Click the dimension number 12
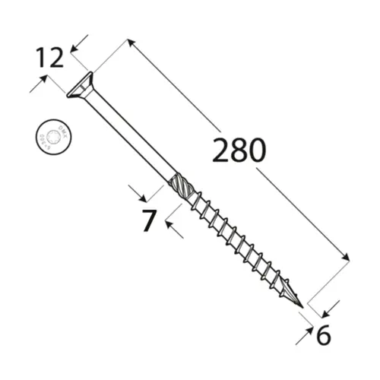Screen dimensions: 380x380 (49, 58)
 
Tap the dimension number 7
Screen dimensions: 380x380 (149, 220)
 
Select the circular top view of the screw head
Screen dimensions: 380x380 (49, 135)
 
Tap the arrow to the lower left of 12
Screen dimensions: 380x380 (35, 86)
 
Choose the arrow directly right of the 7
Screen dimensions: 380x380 (170, 227)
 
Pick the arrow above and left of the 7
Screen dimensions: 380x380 (135, 191)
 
